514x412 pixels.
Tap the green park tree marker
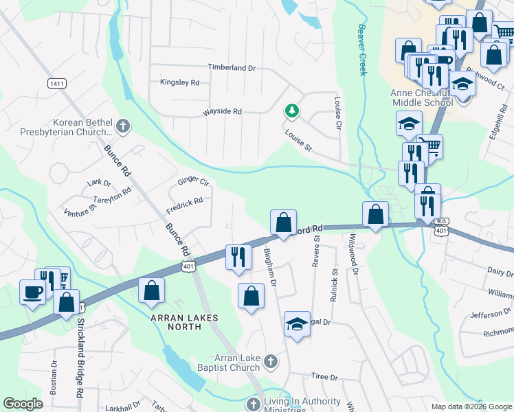[292, 110]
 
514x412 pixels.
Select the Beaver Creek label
[361, 50]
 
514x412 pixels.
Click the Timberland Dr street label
[232, 68]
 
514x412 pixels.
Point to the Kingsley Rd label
[179, 82]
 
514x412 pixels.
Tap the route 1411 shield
[57, 83]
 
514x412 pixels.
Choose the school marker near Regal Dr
[297, 323]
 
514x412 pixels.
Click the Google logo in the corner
[23, 404]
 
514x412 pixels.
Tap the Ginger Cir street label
[193, 181]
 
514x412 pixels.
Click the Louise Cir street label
[337, 113]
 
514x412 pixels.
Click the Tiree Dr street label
[325, 377]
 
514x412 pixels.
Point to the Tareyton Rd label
[111, 196]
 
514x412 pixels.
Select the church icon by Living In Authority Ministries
[254, 404]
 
